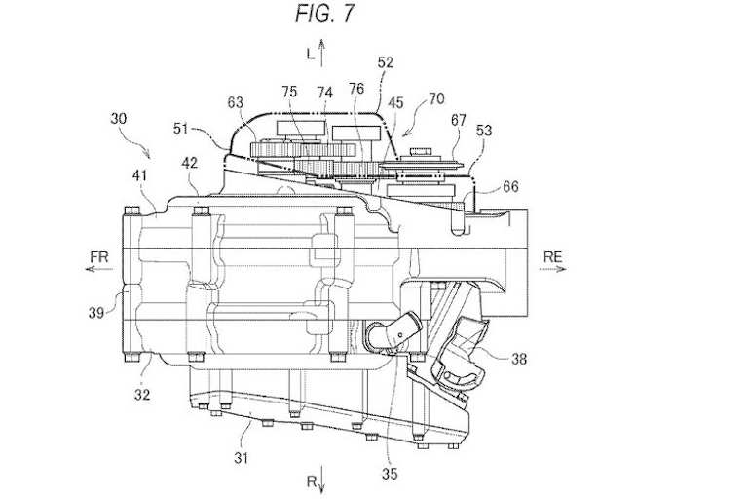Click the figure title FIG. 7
[324, 13]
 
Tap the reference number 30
[118, 118]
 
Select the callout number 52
[386, 62]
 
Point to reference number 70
[436, 98]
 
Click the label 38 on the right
[519, 358]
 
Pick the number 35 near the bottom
[390, 474]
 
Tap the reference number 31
[242, 458]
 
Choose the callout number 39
[96, 313]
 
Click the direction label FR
[99, 257]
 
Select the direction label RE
[552, 257]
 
